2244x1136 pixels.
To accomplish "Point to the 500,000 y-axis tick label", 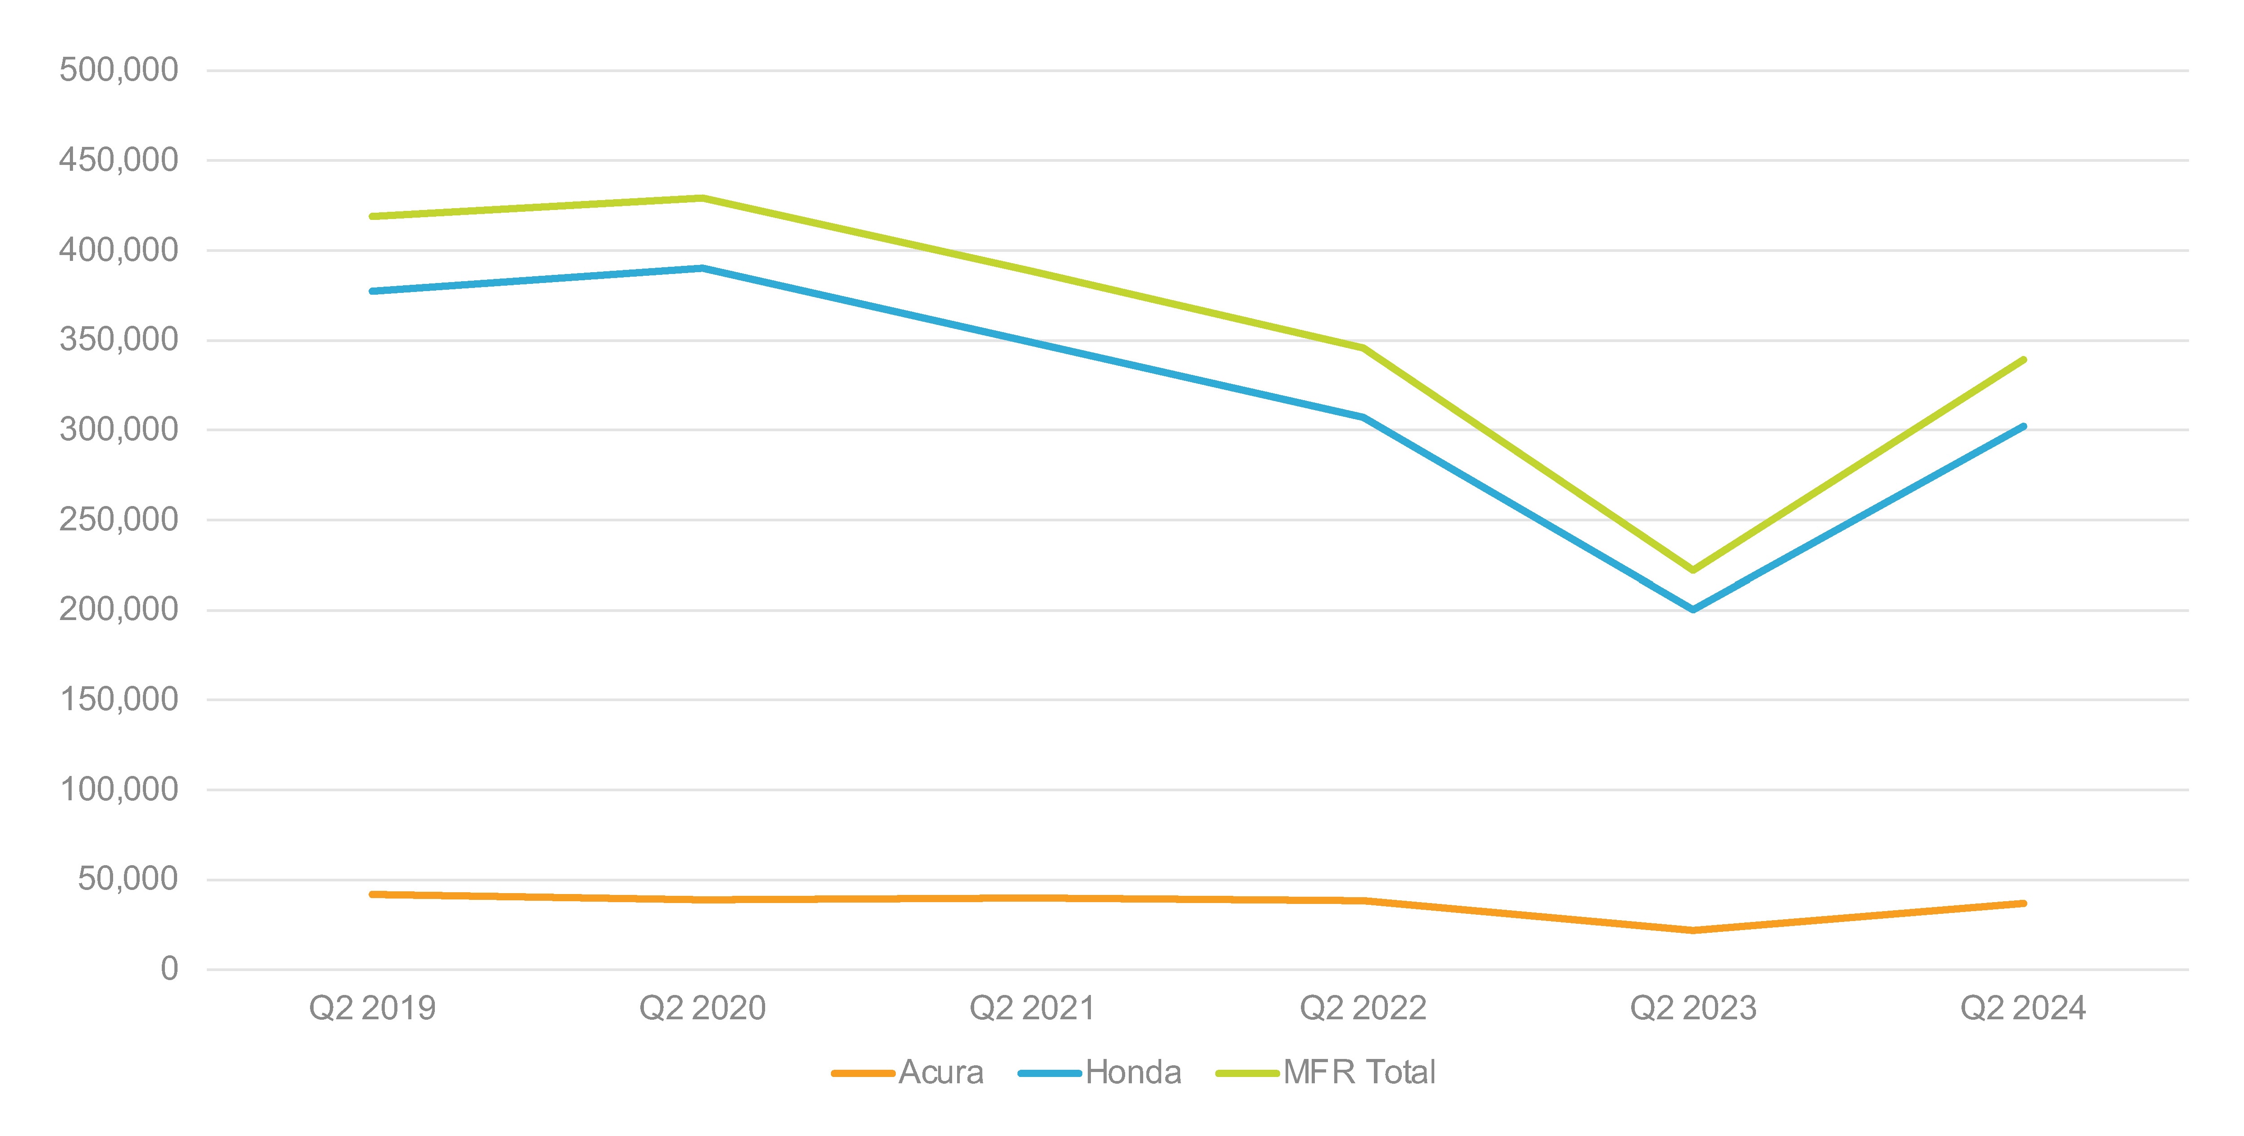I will click(x=119, y=70).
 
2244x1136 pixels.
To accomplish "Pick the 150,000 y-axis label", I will click(x=119, y=699).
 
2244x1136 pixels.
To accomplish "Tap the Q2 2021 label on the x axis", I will click(x=1032, y=1008).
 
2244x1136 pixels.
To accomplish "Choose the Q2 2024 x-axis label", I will click(x=2023, y=1008).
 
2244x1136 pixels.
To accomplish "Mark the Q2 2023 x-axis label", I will click(x=1692, y=1008).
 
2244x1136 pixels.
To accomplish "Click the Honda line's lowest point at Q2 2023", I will click(x=1692, y=610).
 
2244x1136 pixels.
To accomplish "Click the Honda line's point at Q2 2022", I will click(x=1363, y=417).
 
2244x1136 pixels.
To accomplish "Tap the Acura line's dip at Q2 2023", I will click(x=1692, y=931).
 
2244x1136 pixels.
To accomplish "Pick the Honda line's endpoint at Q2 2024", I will click(x=2023, y=427).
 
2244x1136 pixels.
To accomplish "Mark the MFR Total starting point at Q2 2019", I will click(x=373, y=216).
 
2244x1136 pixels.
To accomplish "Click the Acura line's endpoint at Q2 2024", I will click(x=2023, y=903).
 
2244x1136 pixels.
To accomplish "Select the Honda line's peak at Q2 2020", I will click(x=702, y=268).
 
